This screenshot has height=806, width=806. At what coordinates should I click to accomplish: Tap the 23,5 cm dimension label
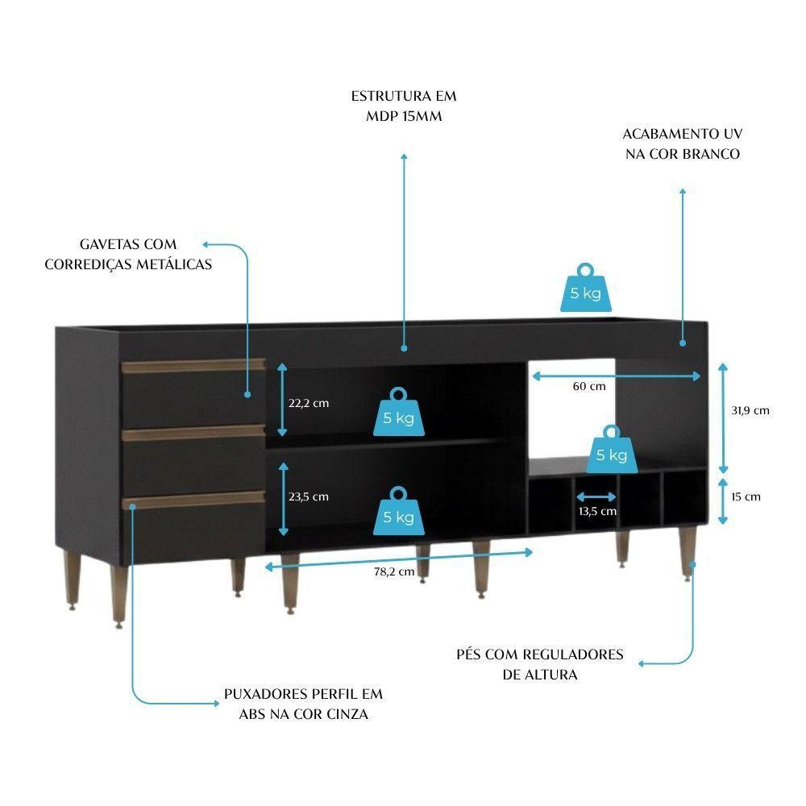tap(309, 496)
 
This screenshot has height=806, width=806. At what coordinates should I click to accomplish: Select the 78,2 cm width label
tap(394, 572)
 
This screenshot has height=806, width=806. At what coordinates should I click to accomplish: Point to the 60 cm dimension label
tap(589, 386)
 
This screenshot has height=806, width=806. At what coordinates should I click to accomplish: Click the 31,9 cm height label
tap(750, 410)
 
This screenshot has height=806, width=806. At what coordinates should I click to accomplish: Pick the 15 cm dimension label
tap(746, 496)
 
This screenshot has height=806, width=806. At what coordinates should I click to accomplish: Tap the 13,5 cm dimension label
tap(597, 511)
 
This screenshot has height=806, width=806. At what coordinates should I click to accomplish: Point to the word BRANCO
tap(710, 154)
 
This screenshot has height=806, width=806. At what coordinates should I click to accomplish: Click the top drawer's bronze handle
tap(194, 367)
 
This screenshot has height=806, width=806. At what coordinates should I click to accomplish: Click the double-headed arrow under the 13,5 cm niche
tap(596, 497)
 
